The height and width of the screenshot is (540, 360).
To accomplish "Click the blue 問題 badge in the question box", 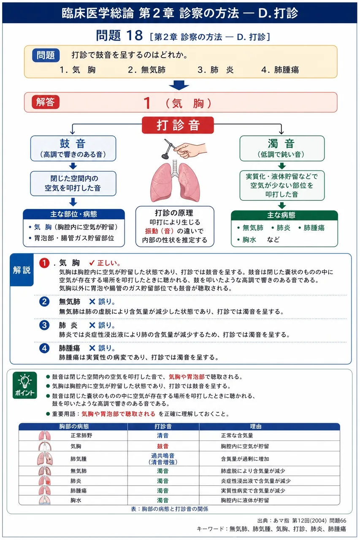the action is pos(46,55).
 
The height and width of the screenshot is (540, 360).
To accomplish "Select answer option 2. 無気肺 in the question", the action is pos(146,70).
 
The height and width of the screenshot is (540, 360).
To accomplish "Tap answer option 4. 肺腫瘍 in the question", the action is pos(280,70).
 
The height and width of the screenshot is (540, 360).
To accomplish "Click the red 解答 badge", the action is pos(46,102).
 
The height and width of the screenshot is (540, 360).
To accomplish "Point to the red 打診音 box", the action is pos(178,125).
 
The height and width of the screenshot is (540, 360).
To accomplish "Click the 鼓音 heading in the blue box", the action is pos(73,144).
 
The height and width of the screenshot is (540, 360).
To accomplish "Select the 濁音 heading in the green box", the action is pos(281,144).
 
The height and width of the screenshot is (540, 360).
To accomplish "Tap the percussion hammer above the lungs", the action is pos(170,149).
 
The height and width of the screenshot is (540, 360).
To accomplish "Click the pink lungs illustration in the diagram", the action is pos(175,181).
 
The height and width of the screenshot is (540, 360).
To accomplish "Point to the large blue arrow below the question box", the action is pos(179,85).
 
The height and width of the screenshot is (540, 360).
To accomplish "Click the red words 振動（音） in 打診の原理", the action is pos(159,231).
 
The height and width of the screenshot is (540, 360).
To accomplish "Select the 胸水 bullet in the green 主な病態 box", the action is pos(247,240).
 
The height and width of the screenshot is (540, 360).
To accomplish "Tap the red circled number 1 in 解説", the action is pos(44,263).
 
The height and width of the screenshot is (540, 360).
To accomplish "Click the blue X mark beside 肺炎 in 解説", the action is pos(92,325).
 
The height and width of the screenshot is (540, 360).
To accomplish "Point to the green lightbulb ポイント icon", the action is pos(25,385).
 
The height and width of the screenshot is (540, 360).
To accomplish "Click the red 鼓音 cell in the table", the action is pos(163,446).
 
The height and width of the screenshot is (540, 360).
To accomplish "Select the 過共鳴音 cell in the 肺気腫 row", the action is pos(163,459).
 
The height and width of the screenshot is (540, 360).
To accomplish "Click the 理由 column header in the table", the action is pos(256,427).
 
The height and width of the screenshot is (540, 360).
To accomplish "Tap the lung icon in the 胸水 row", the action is pos(45,500).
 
